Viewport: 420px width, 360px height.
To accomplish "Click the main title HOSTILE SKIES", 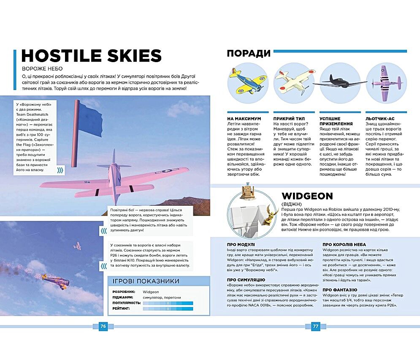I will coord(91,56).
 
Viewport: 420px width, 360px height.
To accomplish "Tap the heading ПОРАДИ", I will coord(248,53).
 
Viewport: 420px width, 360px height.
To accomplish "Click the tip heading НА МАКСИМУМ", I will coord(244,119).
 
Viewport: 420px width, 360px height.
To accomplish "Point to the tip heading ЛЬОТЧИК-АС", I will coord(380,119).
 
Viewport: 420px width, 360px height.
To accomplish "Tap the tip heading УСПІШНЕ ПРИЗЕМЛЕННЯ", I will coord(336,121).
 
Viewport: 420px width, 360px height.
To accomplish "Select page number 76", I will coord(103,326).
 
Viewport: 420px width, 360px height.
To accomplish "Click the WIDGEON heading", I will coord(307,196).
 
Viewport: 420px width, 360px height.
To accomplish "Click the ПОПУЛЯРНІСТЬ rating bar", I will coord(168,303).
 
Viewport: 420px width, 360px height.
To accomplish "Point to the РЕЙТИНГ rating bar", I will coord(168,309).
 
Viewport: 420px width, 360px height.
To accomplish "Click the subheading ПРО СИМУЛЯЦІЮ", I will coord(246,280).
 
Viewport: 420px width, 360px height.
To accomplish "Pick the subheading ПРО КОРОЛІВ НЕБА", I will coord(344,244).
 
